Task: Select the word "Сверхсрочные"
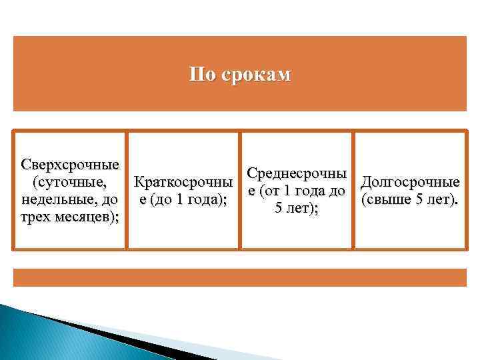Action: click(x=70, y=164)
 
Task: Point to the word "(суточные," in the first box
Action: click(x=64, y=181)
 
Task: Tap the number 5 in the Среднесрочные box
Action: click(x=279, y=209)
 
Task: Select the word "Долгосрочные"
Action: click(x=409, y=181)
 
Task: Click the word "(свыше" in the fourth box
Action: click(x=383, y=199)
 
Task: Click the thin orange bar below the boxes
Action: click(x=239, y=277)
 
